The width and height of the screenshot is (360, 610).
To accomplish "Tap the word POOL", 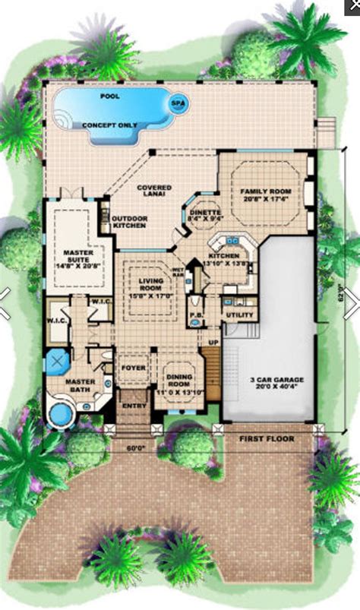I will pos(110,96).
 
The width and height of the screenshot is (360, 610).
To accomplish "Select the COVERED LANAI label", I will pos(153,191).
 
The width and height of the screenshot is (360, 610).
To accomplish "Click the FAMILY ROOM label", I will pos(262,194).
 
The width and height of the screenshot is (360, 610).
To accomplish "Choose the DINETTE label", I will pos(204,216).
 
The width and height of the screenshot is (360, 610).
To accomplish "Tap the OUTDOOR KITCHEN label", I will pos(130,223).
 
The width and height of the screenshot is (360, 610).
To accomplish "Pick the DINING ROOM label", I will pos(181,379).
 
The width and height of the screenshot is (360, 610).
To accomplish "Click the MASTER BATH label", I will pos(79,387).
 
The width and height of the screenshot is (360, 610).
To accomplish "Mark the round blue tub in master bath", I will pos(58,415).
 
